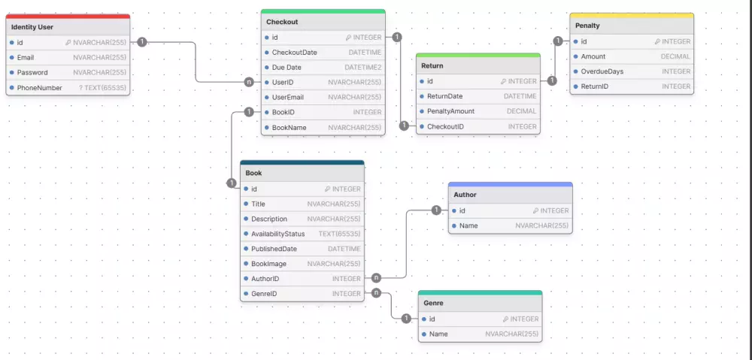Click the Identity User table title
(x=32, y=27)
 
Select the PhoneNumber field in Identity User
(x=39, y=88)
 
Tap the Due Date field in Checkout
(x=287, y=68)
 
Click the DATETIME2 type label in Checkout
(x=363, y=68)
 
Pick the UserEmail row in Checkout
(x=287, y=98)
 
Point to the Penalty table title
(x=587, y=26)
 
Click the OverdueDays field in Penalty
(x=602, y=71)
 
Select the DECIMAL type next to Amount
(x=675, y=56)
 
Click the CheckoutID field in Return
(x=445, y=126)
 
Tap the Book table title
(x=253, y=173)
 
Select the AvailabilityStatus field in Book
(x=277, y=234)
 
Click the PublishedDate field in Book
(x=274, y=249)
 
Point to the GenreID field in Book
(x=264, y=294)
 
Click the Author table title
(x=465, y=195)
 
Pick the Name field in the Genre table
(x=438, y=334)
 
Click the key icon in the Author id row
(x=535, y=211)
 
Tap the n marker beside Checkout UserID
(x=249, y=82)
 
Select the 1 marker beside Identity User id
(x=142, y=42)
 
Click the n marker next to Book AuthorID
(x=376, y=278)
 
